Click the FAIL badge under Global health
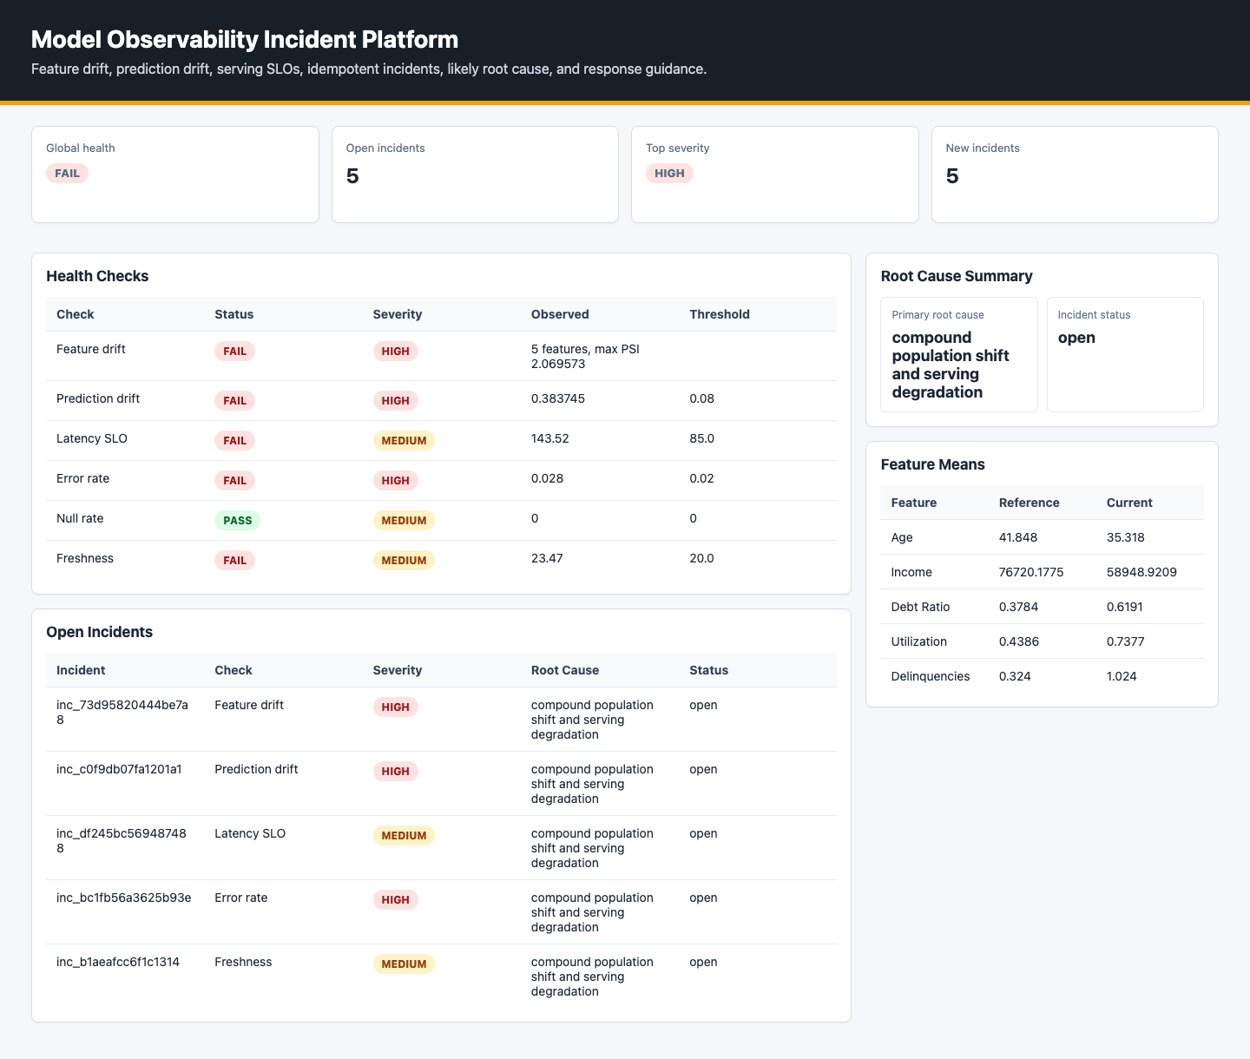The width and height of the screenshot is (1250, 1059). tap(67, 174)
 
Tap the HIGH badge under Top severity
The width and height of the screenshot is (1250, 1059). tap(669, 174)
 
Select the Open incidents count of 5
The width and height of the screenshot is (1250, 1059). tap(352, 176)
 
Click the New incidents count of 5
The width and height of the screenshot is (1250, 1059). tap(952, 176)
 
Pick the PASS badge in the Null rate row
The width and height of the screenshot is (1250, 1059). tap(237, 520)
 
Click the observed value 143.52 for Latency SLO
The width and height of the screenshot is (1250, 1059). tap(549, 438)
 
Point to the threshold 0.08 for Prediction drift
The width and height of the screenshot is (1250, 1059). tap(701, 398)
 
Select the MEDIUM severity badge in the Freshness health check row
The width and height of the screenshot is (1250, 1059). tap(404, 560)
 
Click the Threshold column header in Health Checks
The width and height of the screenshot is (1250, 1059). tap(719, 314)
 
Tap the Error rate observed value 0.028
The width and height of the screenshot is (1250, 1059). tap(547, 478)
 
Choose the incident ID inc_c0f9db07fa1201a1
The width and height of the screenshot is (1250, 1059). tap(119, 769)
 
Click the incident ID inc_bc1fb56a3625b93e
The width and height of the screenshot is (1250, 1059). tap(123, 898)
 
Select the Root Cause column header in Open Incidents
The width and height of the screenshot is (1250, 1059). tap(565, 670)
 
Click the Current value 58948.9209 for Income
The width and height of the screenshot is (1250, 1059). tap(1141, 572)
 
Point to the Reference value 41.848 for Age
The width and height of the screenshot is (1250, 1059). tap(1017, 537)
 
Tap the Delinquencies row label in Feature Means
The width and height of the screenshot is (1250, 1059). tap(930, 676)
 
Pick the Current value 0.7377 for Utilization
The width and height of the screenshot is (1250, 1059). tap(1125, 641)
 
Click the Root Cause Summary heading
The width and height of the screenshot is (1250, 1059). tap(956, 276)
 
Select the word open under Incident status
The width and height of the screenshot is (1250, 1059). tap(1076, 338)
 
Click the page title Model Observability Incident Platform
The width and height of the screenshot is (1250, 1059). tap(244, 39)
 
